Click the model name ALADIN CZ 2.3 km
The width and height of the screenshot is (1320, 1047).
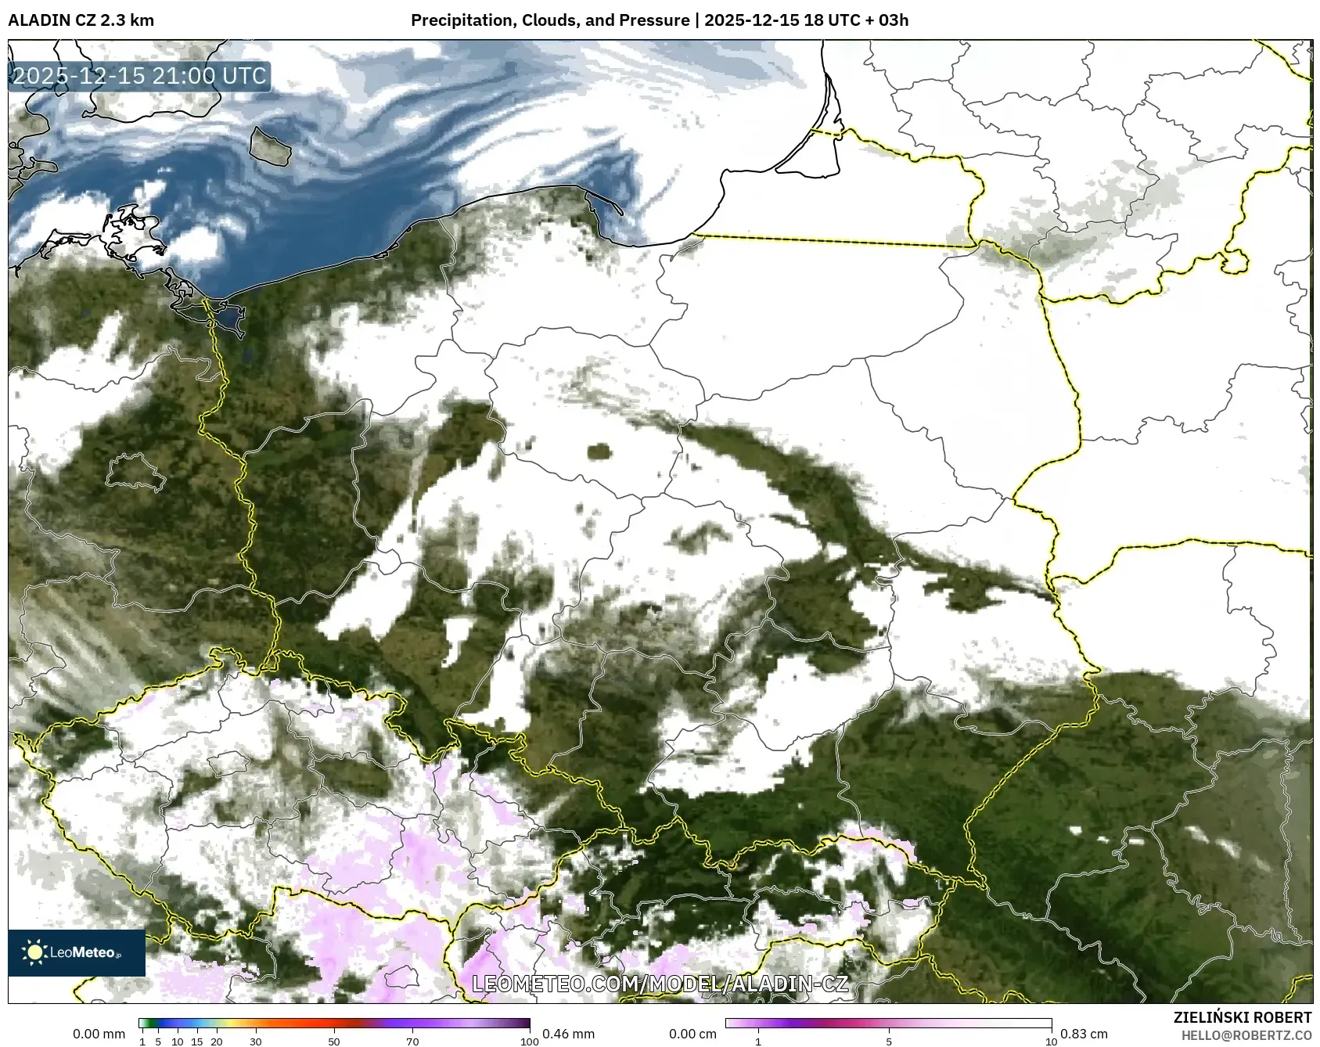coord(81,20)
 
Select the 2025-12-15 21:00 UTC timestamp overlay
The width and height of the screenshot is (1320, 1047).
coord(140,76)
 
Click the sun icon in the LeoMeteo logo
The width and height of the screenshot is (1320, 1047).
coord(34,952)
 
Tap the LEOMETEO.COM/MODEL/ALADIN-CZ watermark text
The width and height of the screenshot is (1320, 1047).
coord(660,984)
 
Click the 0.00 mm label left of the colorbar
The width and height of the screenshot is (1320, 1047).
coord(99,1034)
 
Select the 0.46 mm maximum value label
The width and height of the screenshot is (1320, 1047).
coord(568,1034)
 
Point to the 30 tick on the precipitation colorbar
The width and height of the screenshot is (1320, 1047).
coord(256,1042)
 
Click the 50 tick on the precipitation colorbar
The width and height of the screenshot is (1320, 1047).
coord(334,1042)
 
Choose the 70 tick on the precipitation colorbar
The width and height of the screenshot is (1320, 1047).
coord(412,1042)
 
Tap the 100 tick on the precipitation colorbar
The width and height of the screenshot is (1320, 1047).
coord(529,1042)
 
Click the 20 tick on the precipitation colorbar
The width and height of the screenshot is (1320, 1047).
coord(217,1042)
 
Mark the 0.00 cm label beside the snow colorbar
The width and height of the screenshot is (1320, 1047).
coord(692,1034)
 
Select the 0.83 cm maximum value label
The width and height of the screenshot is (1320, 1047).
coord(1084,1034)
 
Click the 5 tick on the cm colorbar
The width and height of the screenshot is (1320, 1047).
coord(889,1042)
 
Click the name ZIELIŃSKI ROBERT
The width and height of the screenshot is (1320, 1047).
coord(1243,1017)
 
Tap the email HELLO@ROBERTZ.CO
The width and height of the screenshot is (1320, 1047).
coord(1246,1035)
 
